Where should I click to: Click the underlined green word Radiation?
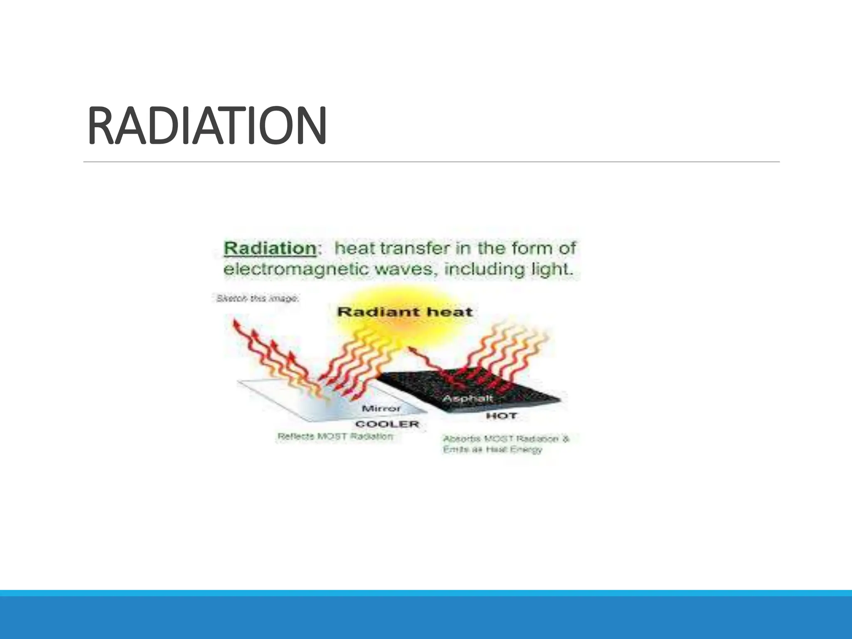coord(270,248)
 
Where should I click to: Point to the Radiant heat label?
coord(404,312)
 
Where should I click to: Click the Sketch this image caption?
coord(257,298)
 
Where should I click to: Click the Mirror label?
coord(381,408)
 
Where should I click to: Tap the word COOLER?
coord(386,424)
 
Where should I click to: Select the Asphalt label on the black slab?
coord(467,398)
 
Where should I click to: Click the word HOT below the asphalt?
coord(501,416)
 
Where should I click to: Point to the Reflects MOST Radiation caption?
coord(335,436)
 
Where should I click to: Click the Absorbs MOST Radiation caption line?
coord(505,439)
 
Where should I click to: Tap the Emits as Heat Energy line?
coord(493,450)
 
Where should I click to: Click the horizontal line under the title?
coord(431,162)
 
